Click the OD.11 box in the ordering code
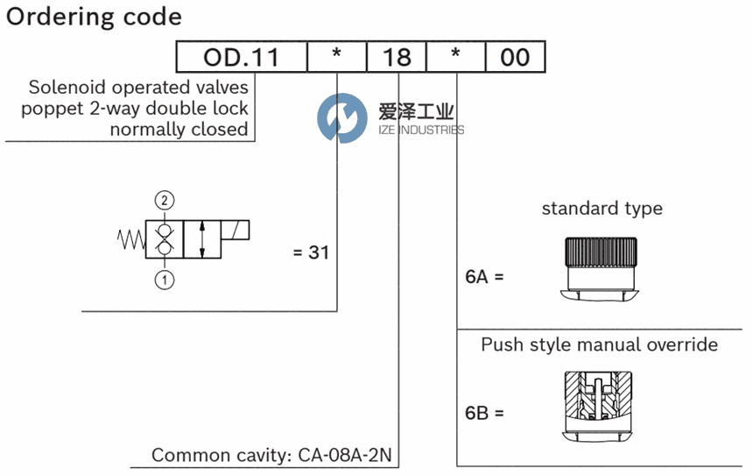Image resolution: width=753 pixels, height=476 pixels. click(242, 57)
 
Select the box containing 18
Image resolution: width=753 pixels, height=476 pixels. click(397, 57)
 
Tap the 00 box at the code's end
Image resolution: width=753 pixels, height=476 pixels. click(516, 57)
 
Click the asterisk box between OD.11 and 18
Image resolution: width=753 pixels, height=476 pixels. click(337, 57)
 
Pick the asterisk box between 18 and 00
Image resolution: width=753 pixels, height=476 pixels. click(456, 57)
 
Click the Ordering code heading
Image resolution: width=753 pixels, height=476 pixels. click(95, 18)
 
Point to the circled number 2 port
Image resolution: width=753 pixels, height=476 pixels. click(165, 200)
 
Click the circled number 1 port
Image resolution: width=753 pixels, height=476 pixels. click(165, 280)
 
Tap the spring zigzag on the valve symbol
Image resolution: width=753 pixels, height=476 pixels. click(131, 239)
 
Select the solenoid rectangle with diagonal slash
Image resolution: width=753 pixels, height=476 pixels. click(236, 230)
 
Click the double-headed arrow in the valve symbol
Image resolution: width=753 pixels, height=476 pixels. click(202, 239)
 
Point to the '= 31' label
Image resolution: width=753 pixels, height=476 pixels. click(311, 252)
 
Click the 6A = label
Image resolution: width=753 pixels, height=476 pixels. click(484, 276)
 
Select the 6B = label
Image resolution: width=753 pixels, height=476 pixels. click(484, 413)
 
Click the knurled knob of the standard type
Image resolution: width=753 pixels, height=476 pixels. click(601, 252)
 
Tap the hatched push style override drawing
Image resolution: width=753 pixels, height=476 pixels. click(598, 406)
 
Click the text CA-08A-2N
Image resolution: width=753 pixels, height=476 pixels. click(345, 455)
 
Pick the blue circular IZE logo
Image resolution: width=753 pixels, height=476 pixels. click(342, 117)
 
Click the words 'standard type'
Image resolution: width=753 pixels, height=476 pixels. click(602, 209)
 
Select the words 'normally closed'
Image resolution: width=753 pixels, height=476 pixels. click(179, 129)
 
